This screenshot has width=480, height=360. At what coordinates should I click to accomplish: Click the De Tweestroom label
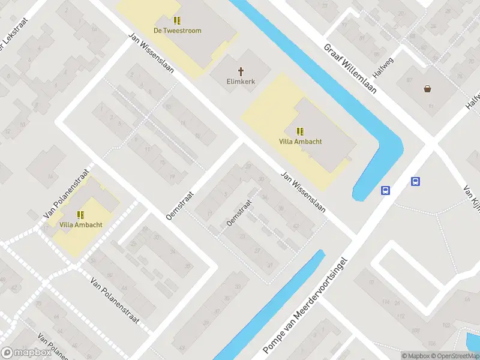coord(177,31)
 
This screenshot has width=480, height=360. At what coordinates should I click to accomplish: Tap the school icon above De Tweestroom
coord(177,20)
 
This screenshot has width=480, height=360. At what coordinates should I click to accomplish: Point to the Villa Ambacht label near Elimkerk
coord(301,142)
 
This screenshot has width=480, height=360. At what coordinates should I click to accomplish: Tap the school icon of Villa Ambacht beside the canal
coord(300,131)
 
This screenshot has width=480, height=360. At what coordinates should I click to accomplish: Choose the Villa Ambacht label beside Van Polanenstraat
coord(80,224)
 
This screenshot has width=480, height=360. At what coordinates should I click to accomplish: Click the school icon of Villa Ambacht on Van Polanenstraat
coord(80,214)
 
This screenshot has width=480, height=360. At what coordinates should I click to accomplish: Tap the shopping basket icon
coord(428,89)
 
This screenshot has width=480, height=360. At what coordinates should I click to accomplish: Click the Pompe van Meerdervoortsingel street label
coord(305,305)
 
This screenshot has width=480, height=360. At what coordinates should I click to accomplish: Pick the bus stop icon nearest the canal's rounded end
coord(385,191)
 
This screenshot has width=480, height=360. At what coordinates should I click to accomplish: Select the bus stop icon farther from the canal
coord(415,181)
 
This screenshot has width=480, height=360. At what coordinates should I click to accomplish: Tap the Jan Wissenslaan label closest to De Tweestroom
coord(151,52)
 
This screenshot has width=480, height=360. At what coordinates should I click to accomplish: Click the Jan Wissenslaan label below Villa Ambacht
coord(303,193)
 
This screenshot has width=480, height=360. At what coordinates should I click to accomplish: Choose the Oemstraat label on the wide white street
coord(181,205)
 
